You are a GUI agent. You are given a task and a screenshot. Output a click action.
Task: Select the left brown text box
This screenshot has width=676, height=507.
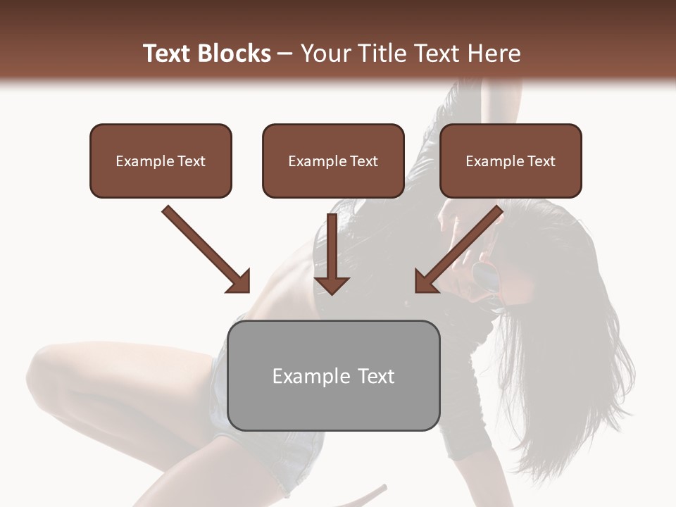pos(161,161)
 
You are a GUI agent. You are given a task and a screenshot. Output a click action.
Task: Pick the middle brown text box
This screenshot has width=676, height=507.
pos(333,161)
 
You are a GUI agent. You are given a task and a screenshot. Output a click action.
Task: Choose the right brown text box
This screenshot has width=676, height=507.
pos(511,161)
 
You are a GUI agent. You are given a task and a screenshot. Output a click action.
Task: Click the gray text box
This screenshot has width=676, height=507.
pos(334,375)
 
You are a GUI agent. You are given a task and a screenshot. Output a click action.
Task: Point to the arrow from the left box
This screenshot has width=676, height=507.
pos(204,248)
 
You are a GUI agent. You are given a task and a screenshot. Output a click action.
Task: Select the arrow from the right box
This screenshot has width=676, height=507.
pos(461,248)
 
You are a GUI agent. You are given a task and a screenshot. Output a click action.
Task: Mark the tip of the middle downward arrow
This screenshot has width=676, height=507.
pos(332,293)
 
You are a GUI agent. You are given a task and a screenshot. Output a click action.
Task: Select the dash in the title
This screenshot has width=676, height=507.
pos(285,54)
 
